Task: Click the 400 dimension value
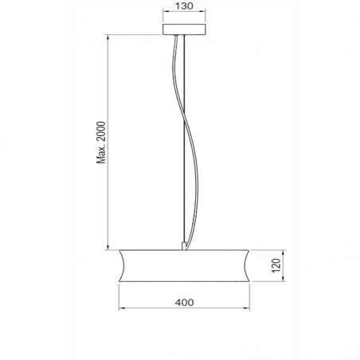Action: [x=184, y=302]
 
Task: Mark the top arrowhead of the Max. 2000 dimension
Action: [x=108, y=37]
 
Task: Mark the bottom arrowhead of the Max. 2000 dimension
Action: [x=108, y=246]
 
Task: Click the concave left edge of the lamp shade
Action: [x=123, y=265]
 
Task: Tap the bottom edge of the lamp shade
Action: [x=184, y=283]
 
